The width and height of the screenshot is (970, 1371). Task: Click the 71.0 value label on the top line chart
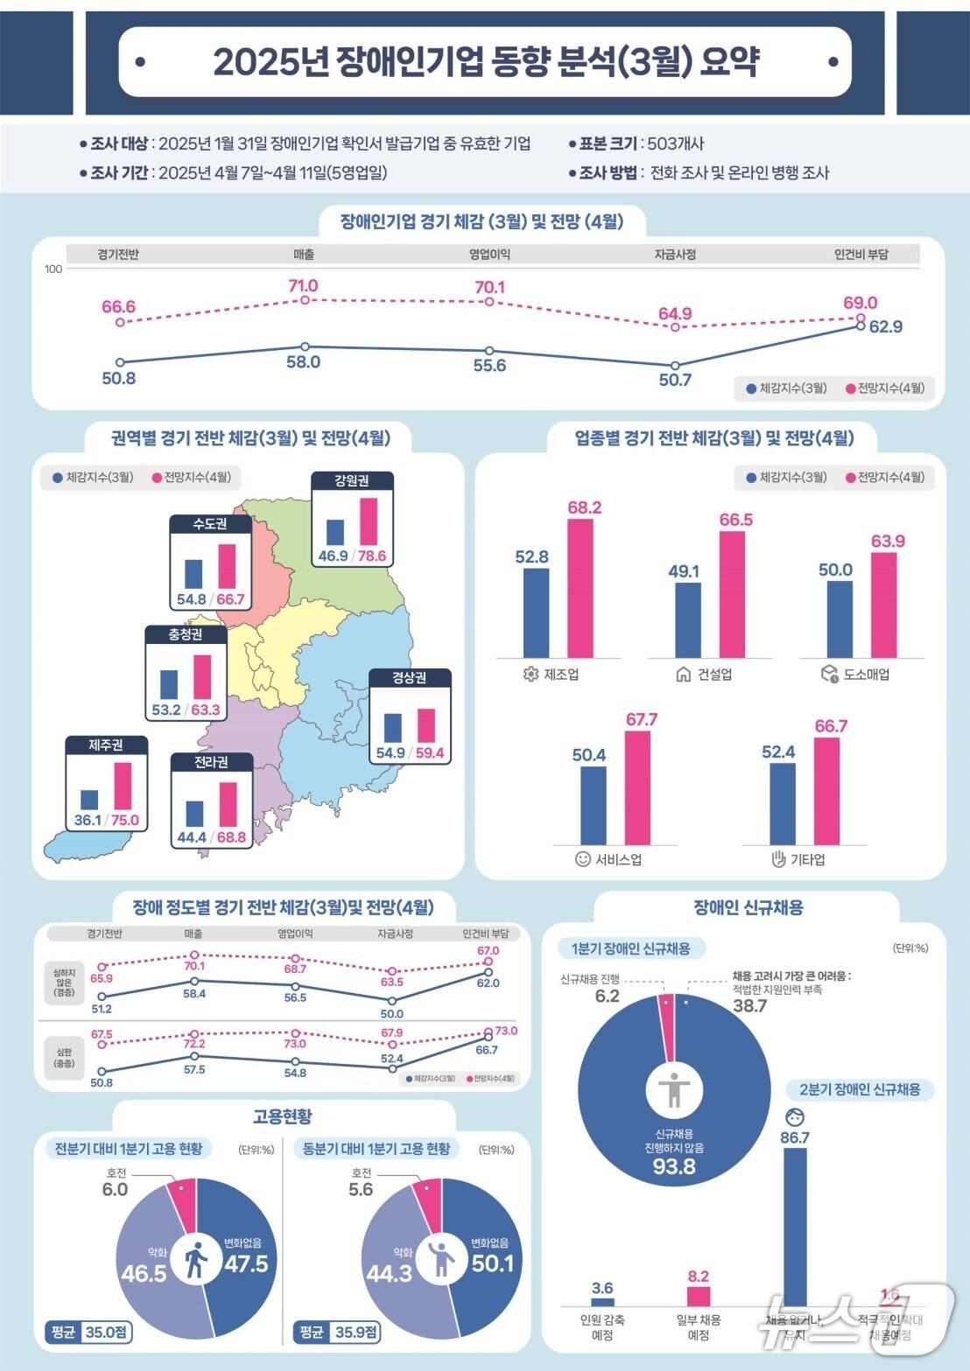click(304, 286)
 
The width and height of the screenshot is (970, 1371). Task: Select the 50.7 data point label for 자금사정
click(675, 380)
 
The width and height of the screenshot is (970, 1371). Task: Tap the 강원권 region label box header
click(352, 480)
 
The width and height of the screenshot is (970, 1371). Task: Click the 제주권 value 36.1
click(88, 821)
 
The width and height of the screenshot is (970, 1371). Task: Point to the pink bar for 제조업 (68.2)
click(580, 588)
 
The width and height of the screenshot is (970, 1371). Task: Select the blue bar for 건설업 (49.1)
click(688, 620)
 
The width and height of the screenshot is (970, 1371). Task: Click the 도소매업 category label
click(867, 675)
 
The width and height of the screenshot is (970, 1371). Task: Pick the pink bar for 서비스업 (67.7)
click(637, 787)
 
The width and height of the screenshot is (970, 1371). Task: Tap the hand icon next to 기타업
click(778, 858)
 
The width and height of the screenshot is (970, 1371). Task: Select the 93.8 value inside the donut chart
click(674, 1166)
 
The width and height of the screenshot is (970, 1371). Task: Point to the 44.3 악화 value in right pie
click(389, 1273)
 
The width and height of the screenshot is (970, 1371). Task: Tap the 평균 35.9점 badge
click(338, 1333)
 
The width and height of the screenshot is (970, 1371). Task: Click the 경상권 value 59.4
click(430, 753)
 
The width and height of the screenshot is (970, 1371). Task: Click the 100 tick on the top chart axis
click(53, 269)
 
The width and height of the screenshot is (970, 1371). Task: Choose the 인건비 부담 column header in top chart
click(861, 255)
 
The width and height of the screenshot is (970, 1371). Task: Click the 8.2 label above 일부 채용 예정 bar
click(699, 1277)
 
